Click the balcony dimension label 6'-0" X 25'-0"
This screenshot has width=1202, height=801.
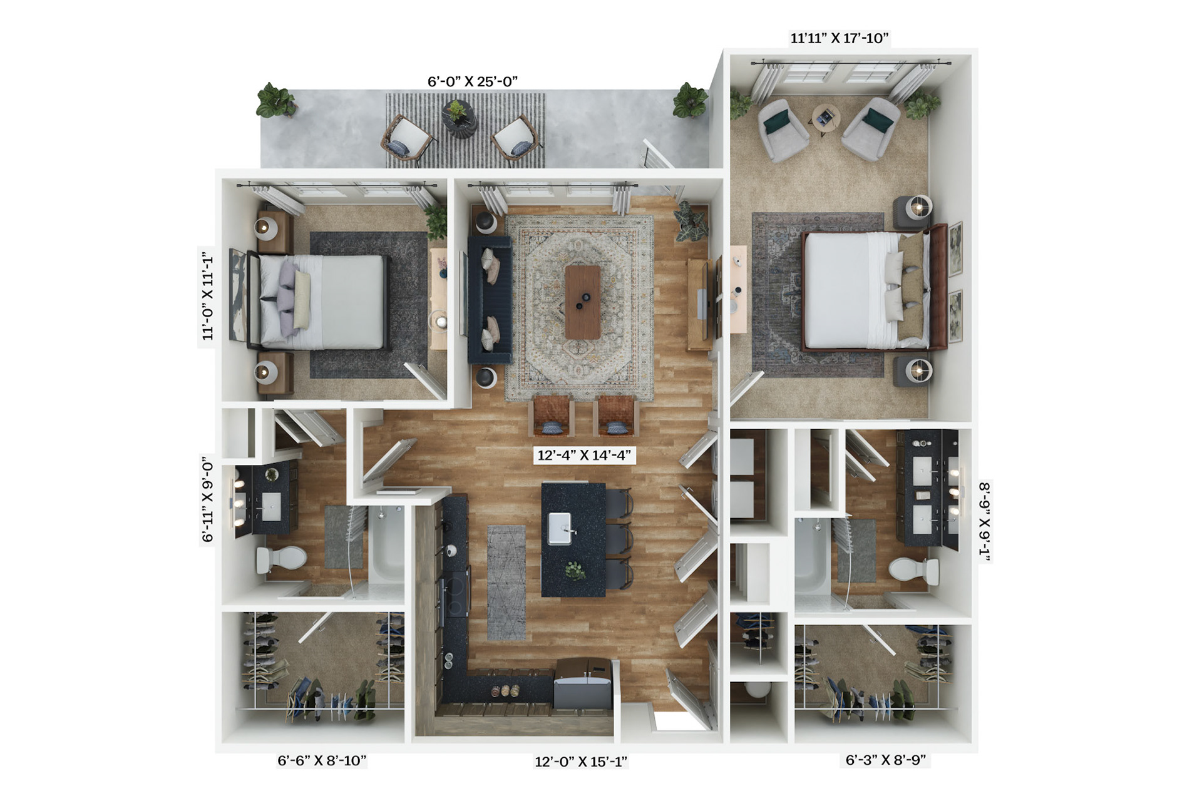point(473,81)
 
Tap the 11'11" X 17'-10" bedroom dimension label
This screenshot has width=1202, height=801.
point(840,38)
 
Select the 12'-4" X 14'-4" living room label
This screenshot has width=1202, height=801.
point(583,455)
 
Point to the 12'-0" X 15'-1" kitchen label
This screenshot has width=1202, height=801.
point(581,762)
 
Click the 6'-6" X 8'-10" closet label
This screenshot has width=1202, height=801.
point(322,760)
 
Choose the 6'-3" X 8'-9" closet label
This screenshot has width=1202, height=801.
point(885,760)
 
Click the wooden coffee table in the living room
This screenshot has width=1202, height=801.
point(582,302)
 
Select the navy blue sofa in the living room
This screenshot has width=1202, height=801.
point(490,300)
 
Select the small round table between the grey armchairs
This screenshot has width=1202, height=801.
point(827,119)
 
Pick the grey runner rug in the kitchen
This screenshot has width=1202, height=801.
point(506,583)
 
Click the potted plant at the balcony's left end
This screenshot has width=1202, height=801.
point(275,100)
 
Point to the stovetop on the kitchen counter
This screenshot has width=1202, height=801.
point(456,591)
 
